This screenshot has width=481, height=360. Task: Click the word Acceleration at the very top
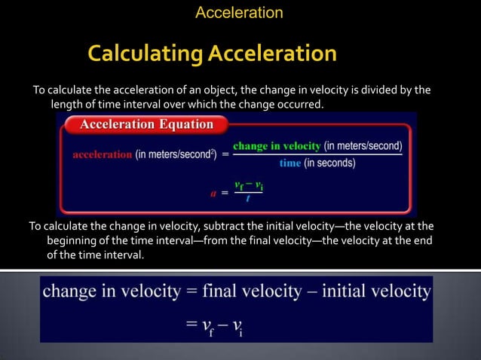(239, 13)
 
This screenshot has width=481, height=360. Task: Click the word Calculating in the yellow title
(145, 53)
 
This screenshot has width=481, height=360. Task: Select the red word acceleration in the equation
(102, 154)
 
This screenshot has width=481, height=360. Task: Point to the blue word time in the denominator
(290, 163)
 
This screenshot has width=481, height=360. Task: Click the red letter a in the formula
(213, 192)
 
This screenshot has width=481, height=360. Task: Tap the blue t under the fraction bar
(248, 198)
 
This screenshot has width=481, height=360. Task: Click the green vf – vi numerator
(248, 185)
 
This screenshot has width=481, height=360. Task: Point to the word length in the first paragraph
(66, 104)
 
